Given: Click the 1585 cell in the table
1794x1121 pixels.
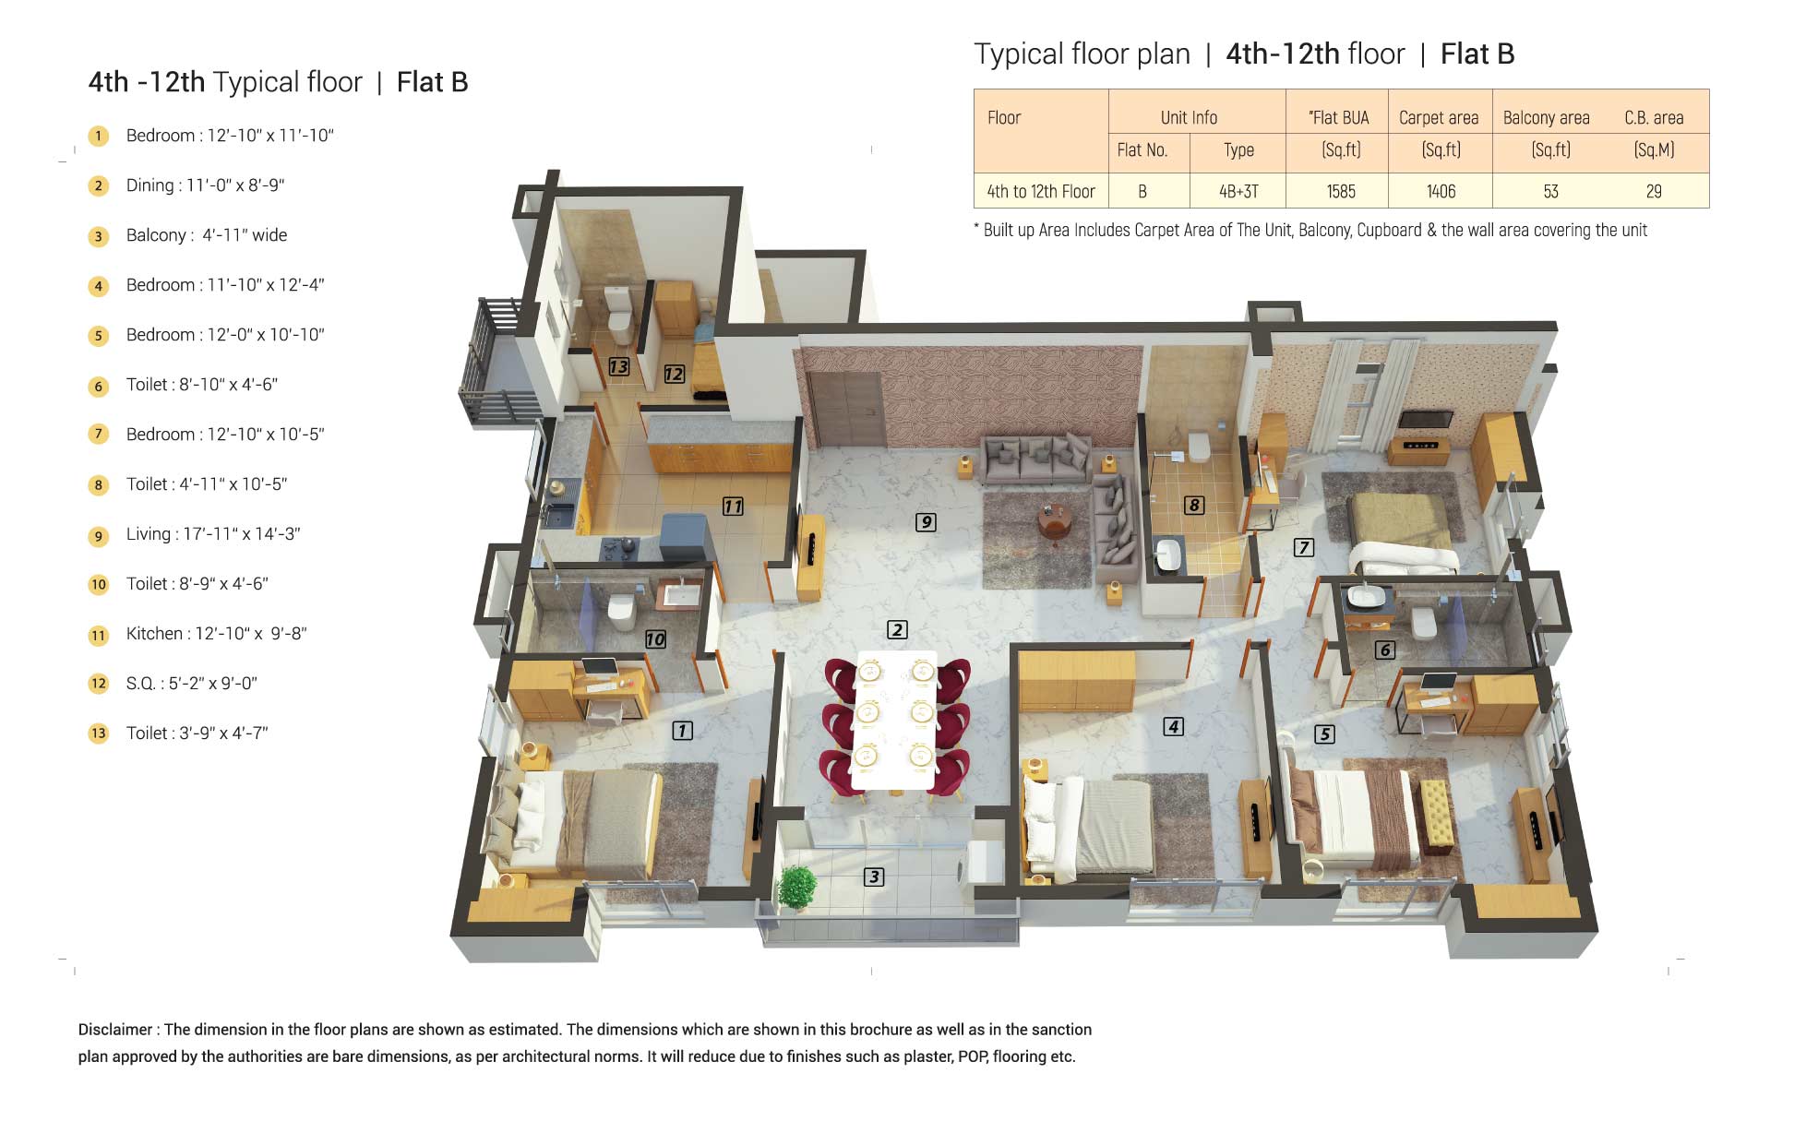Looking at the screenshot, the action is [1341, 191].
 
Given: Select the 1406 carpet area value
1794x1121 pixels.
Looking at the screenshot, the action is [1441, 191].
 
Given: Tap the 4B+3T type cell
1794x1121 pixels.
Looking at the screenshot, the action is [1238, 191].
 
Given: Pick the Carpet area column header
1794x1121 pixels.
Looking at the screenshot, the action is [1439, 117].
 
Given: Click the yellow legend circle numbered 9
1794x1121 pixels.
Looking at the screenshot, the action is [99, 535].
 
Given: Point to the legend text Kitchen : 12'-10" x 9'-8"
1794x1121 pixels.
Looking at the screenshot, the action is [216, 634].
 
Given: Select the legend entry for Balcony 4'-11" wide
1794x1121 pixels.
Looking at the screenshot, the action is [207, 235].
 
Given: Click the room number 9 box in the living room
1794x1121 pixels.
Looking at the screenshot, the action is [926, 522].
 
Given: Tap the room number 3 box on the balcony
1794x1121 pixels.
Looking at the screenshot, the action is [874, 877].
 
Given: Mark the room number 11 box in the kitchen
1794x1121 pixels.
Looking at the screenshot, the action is [733, 506].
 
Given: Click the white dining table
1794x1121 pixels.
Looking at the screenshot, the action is [894, 720].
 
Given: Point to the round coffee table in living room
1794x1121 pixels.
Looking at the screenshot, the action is [1054, 522].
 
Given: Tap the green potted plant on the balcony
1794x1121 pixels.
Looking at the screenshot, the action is [796, 888].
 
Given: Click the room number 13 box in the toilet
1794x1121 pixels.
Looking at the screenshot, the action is [618, 366].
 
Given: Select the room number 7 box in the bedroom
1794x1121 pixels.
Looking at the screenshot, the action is [1303, 547].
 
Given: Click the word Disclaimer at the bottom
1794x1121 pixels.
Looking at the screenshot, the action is [115, 1030].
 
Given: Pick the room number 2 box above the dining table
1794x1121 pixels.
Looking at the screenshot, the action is [897, 629].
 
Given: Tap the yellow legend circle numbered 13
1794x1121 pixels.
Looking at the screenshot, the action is [99, 734].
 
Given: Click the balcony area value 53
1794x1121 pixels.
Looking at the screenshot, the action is [1550, 191].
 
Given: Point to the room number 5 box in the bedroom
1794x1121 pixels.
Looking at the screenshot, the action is [1324, 733].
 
